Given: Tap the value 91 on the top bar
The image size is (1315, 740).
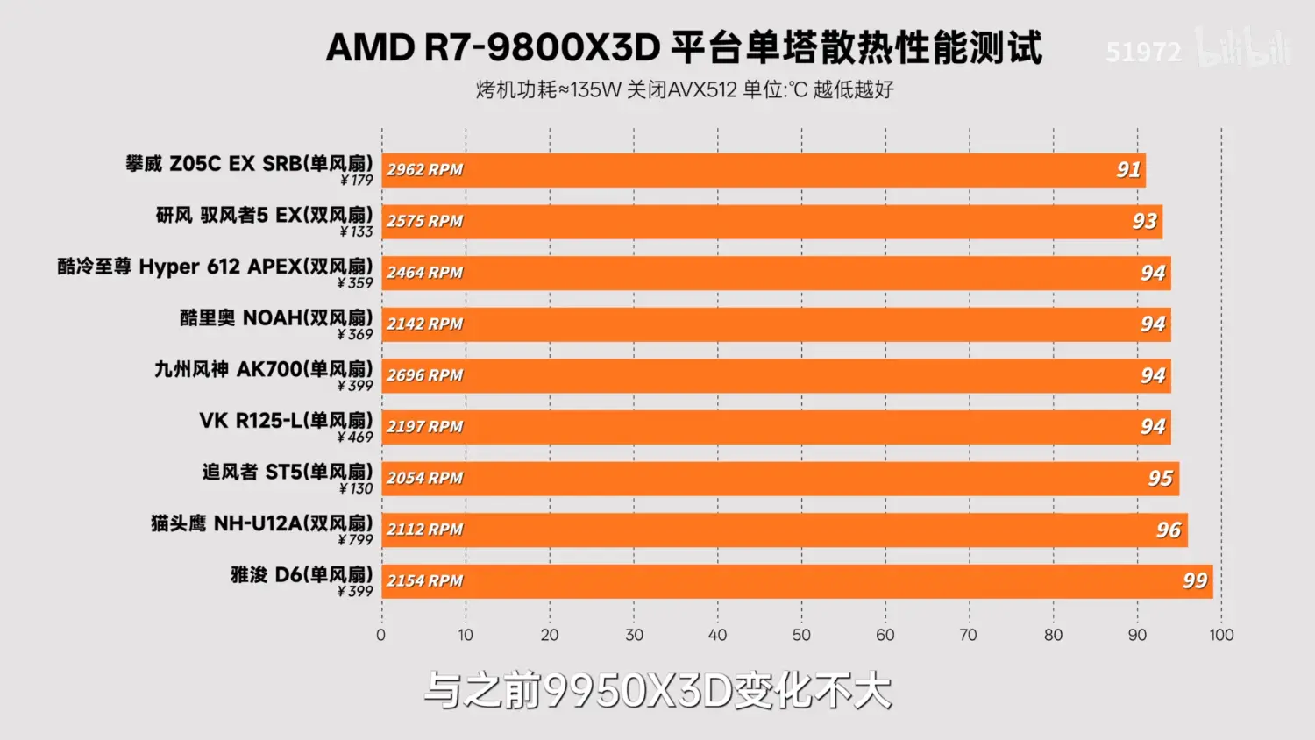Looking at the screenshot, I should point(1128,170).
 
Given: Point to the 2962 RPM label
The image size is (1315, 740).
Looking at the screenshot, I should point(425,170).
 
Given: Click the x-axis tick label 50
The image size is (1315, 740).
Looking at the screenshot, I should point(801,635).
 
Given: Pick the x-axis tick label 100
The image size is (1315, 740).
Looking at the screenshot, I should point(1221,635).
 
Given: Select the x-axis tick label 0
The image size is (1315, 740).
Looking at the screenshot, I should point(380,635).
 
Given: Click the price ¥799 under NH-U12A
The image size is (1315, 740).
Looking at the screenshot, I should point(355,540).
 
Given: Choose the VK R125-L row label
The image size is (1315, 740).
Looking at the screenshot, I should point(286,421).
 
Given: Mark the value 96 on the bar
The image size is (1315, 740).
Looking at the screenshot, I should point(1169,530).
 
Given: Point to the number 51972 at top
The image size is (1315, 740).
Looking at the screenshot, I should point(1143,53).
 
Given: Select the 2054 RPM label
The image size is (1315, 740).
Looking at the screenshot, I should point(425,479).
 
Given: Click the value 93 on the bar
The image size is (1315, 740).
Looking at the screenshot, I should point(1145,222).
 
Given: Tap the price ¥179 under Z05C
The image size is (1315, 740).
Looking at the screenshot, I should point(356,181).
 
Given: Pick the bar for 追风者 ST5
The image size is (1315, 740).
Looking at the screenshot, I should point(780,479).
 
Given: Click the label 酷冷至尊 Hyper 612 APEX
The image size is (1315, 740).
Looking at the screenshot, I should point(215,267).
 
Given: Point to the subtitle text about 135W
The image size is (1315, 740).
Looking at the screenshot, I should point(685,89).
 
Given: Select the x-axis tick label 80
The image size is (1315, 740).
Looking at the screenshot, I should point(1053,635).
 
